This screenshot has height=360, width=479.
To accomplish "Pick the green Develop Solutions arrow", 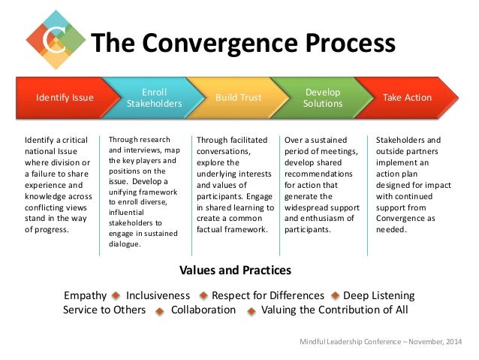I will (323, 97).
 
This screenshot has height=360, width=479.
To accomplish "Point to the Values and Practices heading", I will (235, 270).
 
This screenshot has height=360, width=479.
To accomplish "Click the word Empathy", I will (86, 295).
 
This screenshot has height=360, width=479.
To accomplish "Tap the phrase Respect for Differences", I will (268, 295).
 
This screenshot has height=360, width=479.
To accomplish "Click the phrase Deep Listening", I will (378, 295).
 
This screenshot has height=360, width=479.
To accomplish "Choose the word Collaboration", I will (203, 310).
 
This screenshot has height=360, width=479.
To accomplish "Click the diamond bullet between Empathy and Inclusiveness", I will (116, 296).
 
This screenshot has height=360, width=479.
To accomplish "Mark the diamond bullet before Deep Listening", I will (335, 296).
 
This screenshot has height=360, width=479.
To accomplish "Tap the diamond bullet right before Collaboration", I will (161, 310).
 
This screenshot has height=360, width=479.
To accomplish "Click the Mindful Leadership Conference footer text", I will (381, 343).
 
